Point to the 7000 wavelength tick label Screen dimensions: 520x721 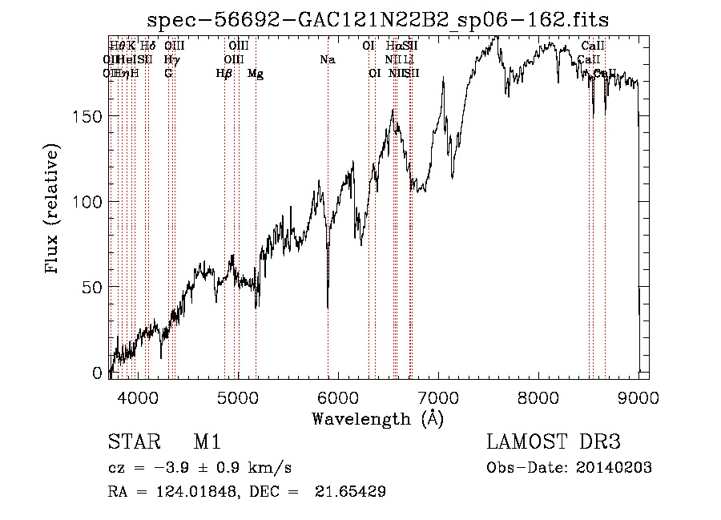click(438, 397)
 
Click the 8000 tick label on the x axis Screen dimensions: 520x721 click(538, 397)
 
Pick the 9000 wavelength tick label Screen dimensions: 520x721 click(638, 397)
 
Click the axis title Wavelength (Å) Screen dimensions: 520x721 click(377, 418)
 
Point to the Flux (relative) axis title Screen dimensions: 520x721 click(53, 210)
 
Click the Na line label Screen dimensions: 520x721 click(327, 60)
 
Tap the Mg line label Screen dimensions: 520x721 click(256, 74)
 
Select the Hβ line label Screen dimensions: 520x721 click(224, 74)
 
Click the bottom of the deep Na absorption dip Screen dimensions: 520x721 click(327, 306)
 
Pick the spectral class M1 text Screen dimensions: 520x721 click(207, 442)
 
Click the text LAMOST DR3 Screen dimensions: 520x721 click(554, 442)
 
